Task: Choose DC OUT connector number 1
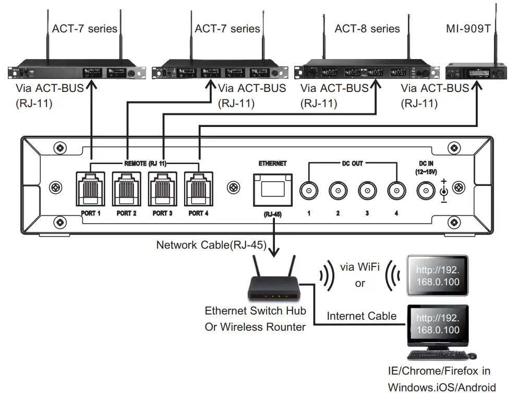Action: pos(309,192)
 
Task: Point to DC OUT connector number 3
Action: pos(367,192)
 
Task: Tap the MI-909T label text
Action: pos(468,28)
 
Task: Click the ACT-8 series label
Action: pos(368,28)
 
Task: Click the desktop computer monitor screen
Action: pos(438,324)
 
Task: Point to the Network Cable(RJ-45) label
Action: pos(211,245)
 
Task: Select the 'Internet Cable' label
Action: pos(362,316)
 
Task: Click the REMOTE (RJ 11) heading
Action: pos(145,164)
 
